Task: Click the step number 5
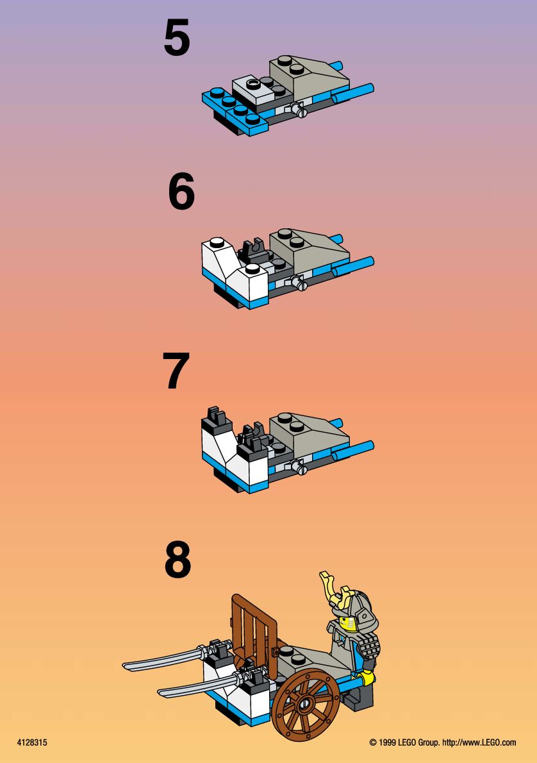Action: point(177,37)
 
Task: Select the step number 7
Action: point(176,371)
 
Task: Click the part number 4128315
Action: point(32,742)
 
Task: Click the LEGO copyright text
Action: point(443,742)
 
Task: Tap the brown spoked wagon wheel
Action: point(306,705)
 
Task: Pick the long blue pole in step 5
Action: point(353,94)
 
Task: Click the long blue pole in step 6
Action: point(353,267)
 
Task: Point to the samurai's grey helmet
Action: point(359,612)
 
